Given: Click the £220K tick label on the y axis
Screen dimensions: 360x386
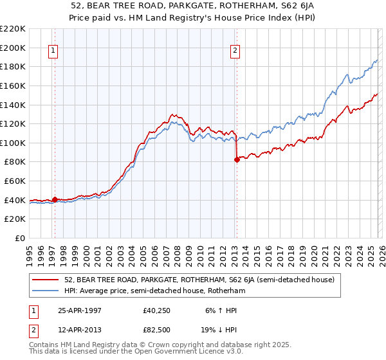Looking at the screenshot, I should [13, 29].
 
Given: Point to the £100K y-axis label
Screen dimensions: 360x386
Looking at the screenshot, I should [13, 143].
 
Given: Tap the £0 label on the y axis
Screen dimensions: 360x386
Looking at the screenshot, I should [19, 238].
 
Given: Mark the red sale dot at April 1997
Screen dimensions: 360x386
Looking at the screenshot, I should [55, 199].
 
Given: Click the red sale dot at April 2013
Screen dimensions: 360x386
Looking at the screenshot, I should [236, 159].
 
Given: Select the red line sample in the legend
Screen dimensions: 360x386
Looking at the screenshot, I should [46, 280].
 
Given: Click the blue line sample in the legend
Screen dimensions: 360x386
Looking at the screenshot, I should [46, 291].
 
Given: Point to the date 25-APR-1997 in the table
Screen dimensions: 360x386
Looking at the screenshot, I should [81, 310].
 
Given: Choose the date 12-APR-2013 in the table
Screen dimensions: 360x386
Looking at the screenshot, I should [81, 331].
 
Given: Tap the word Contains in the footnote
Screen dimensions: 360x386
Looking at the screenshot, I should [44, 345].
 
